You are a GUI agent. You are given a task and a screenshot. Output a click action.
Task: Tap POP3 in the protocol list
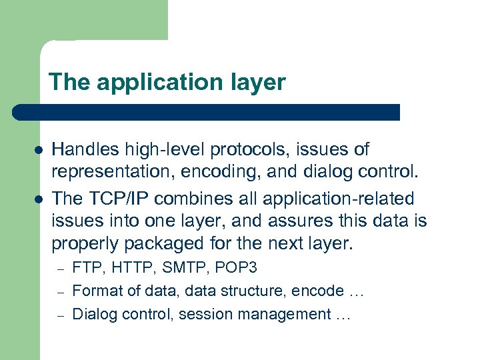(x=239, y=268)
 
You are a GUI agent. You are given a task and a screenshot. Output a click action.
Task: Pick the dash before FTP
(x=59, y=269)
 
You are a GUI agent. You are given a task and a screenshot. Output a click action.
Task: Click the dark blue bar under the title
(x=207, y=112)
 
